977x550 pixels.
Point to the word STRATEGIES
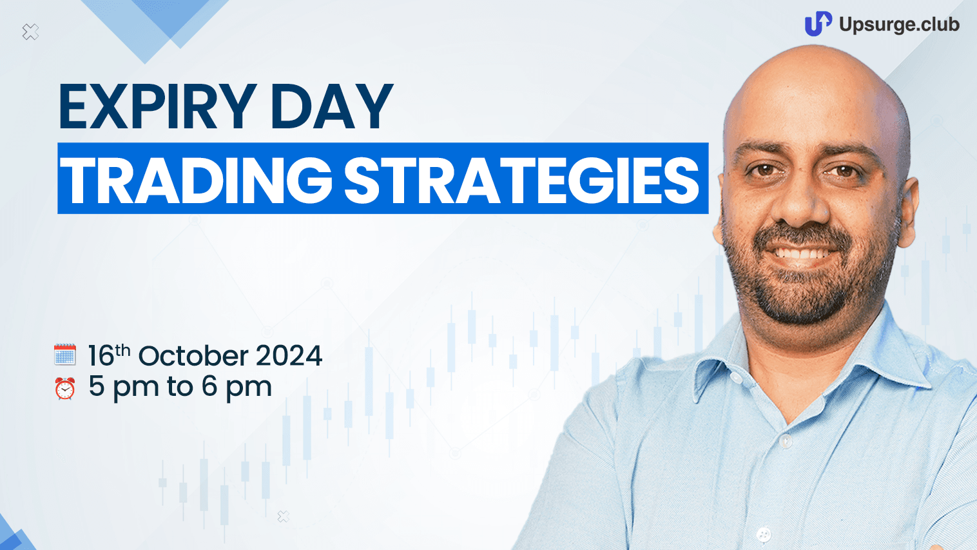pyautogui.click(x=521, y=181)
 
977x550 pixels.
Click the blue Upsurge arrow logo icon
pyautogui.click(x=818, y=24)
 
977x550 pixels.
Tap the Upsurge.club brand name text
pyautogui.click(x=899, y=25)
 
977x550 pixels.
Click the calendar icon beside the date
pyautogui.click(x=65, y=355)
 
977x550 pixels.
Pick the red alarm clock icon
pyautogui.click(x=65, y=388)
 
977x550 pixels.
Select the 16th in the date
pyautogui.click(x=109, y=355)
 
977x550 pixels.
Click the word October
pyautogui.click(x=193, y=355)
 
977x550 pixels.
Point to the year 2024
pyautogui.click(x=289, y=355)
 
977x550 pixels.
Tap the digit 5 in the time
pyautogui.click(x=97, y=386)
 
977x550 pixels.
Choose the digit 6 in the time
pyautogui.click(x=209, y=386)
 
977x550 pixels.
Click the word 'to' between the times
pyautogui.click(x=180, y=387)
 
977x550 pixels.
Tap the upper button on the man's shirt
pyautogui.click(x=785, y=441)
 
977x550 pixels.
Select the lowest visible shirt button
pyautogui.click(x=764, y=534)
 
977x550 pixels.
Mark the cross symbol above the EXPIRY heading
pyautogui.click(x=30, y=32)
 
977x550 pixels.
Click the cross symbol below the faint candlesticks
pyautogui.click(x=284, y=517)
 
